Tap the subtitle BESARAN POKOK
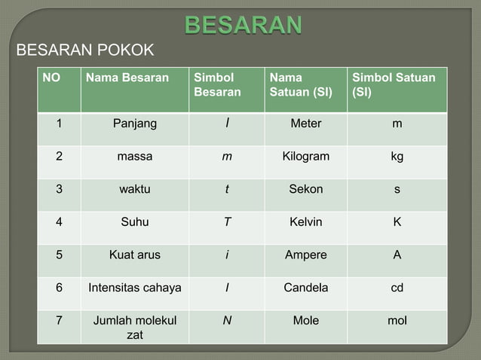click(85, 50)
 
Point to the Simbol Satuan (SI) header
click(394, 84)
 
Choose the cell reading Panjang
click(135, 124)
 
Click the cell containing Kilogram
click(305, 157)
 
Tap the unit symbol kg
click(397, 157)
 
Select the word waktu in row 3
click(135, 189)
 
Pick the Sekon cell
click(305, 189)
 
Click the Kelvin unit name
click(305, 222)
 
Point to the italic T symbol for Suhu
click(226, 222)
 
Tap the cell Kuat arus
click(135, 255)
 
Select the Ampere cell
click(305, 255)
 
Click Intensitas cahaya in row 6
click(135, 288)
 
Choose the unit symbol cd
click(397, 288)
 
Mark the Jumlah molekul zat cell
click(135, 328)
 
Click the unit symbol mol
click(397, 321)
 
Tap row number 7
click(59, 321)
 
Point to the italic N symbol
click(226, 321)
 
